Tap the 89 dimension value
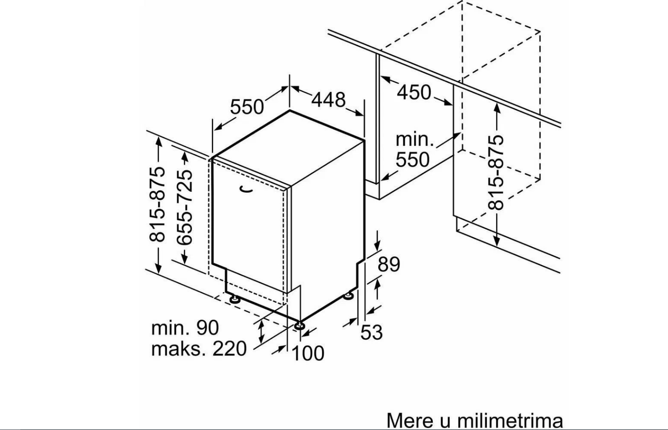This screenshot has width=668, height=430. (x=389, y=264)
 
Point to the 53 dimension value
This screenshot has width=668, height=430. (x=371, y=332)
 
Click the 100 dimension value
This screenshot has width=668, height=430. (x=308, y=353)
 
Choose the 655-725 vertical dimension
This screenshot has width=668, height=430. (x=184, y=207)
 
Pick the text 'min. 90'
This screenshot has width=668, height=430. (x=185, y=328)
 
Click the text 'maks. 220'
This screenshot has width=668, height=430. (x=199, y=349)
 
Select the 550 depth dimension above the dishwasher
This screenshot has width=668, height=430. (x=247, y=107)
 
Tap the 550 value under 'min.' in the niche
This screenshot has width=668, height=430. (x=413, y=160)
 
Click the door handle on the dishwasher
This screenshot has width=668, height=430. (x=246, y=190)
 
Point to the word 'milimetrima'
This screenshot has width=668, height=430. (x=510, y=421)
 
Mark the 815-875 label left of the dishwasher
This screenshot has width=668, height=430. (x=157, y=204)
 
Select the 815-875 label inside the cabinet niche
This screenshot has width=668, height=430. (x=496, y=172)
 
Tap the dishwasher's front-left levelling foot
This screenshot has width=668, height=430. (x=234, y=299)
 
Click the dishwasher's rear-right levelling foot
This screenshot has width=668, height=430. (x=348, y=296)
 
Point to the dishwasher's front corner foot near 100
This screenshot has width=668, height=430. (x=299, y=326)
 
